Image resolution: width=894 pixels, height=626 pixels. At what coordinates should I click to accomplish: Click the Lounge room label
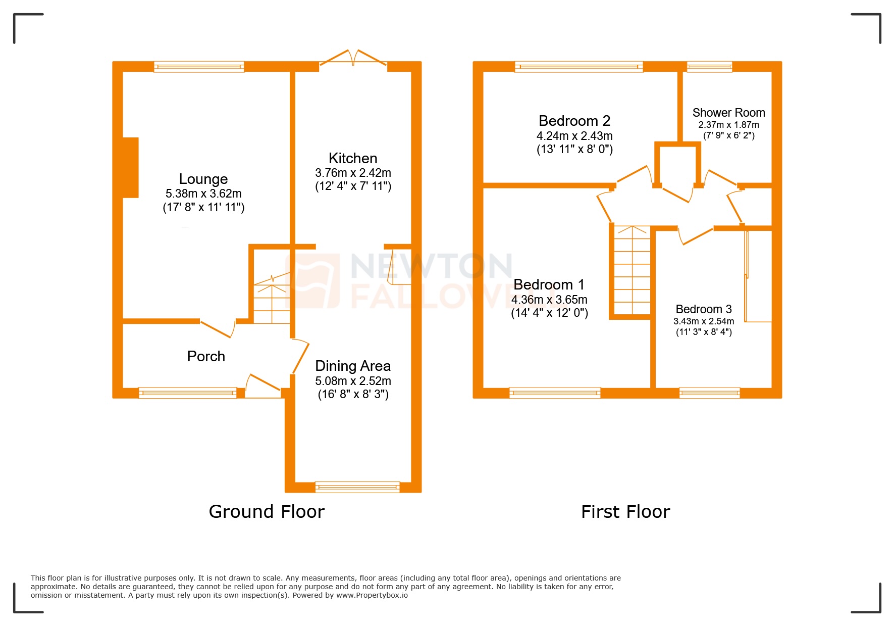point(203,179)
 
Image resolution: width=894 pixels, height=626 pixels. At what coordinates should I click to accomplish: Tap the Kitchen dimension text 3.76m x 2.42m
point(353,173)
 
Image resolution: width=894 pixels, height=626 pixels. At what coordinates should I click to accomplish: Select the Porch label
point(206,356)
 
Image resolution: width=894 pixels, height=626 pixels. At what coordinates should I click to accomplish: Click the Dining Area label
point(353,366)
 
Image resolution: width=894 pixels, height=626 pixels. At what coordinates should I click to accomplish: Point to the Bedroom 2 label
point(574,121)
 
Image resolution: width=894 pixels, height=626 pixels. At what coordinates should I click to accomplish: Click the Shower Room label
point(728,113)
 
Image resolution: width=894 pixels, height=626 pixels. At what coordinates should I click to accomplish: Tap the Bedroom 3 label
point(704,309)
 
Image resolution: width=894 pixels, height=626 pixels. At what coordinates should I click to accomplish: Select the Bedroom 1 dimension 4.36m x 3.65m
point(549,300)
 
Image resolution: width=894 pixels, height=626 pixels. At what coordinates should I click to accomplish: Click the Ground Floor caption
point(267,512)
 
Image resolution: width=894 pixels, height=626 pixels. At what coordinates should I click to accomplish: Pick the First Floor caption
point(625,512)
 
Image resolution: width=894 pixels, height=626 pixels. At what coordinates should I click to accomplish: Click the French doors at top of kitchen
point(353,58)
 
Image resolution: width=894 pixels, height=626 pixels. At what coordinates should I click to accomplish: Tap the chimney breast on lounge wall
point(131,167)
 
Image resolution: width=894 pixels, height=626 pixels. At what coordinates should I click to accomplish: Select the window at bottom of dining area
point(357,487)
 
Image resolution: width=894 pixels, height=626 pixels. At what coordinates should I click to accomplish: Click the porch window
point(188,393)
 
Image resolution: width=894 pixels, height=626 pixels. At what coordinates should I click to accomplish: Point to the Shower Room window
point(709,66)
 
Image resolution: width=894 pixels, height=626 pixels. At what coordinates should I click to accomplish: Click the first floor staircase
point(632,270)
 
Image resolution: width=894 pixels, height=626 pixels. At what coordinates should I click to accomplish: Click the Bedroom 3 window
point(709,393)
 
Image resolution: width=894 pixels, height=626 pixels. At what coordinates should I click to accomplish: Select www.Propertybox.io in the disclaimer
point(372,595)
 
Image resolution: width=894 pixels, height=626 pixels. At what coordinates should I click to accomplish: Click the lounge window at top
point(199,67)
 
